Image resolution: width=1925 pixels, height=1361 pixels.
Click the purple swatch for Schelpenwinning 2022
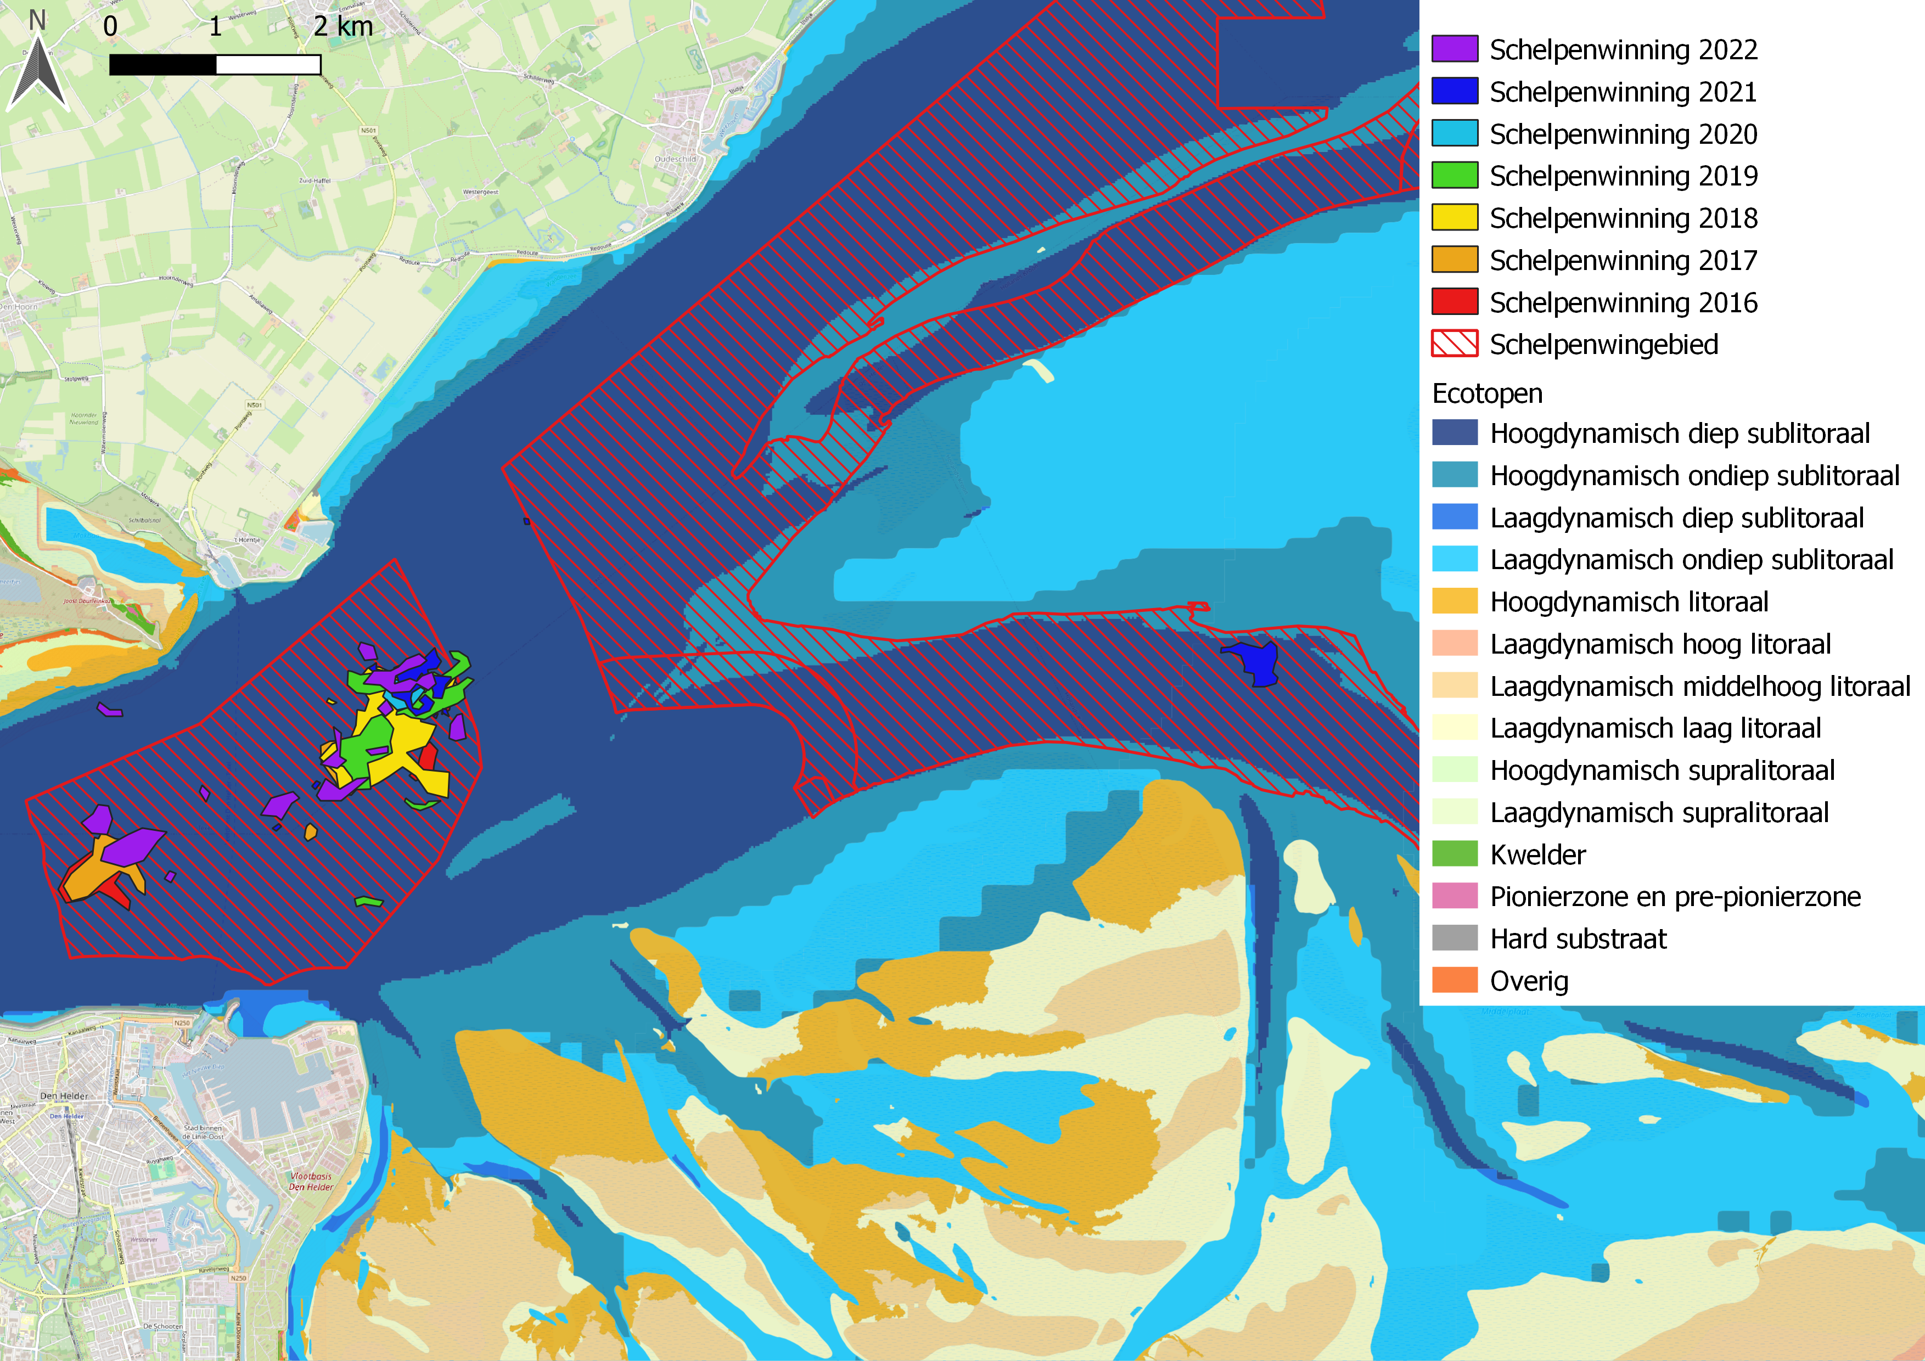coord(1454,49)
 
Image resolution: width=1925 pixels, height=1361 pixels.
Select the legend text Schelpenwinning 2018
coord(1623,218)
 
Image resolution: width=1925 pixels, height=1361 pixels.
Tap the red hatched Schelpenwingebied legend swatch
coord(1454,344)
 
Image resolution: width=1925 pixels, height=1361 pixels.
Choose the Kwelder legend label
coord(1537,855)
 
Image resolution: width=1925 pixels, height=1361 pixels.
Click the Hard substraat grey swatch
coord(1454,938)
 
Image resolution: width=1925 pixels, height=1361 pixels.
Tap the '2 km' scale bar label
coord(343,27)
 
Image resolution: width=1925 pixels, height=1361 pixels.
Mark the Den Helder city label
coord(64,1095)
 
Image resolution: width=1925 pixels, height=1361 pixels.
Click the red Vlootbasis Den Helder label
coord(311,1182)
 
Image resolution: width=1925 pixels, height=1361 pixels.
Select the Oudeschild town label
coord(675,159)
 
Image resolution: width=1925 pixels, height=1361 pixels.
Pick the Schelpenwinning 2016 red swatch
coord(1454,302)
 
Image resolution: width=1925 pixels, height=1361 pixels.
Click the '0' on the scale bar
coord(110,27)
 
